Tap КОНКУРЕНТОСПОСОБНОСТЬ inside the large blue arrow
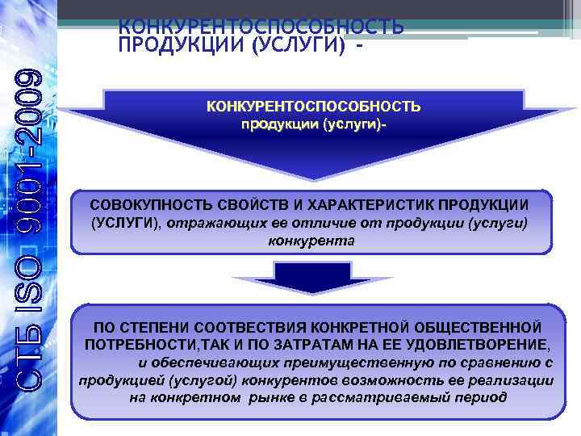click(314, 107)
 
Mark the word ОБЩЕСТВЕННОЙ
click(480, 328)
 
